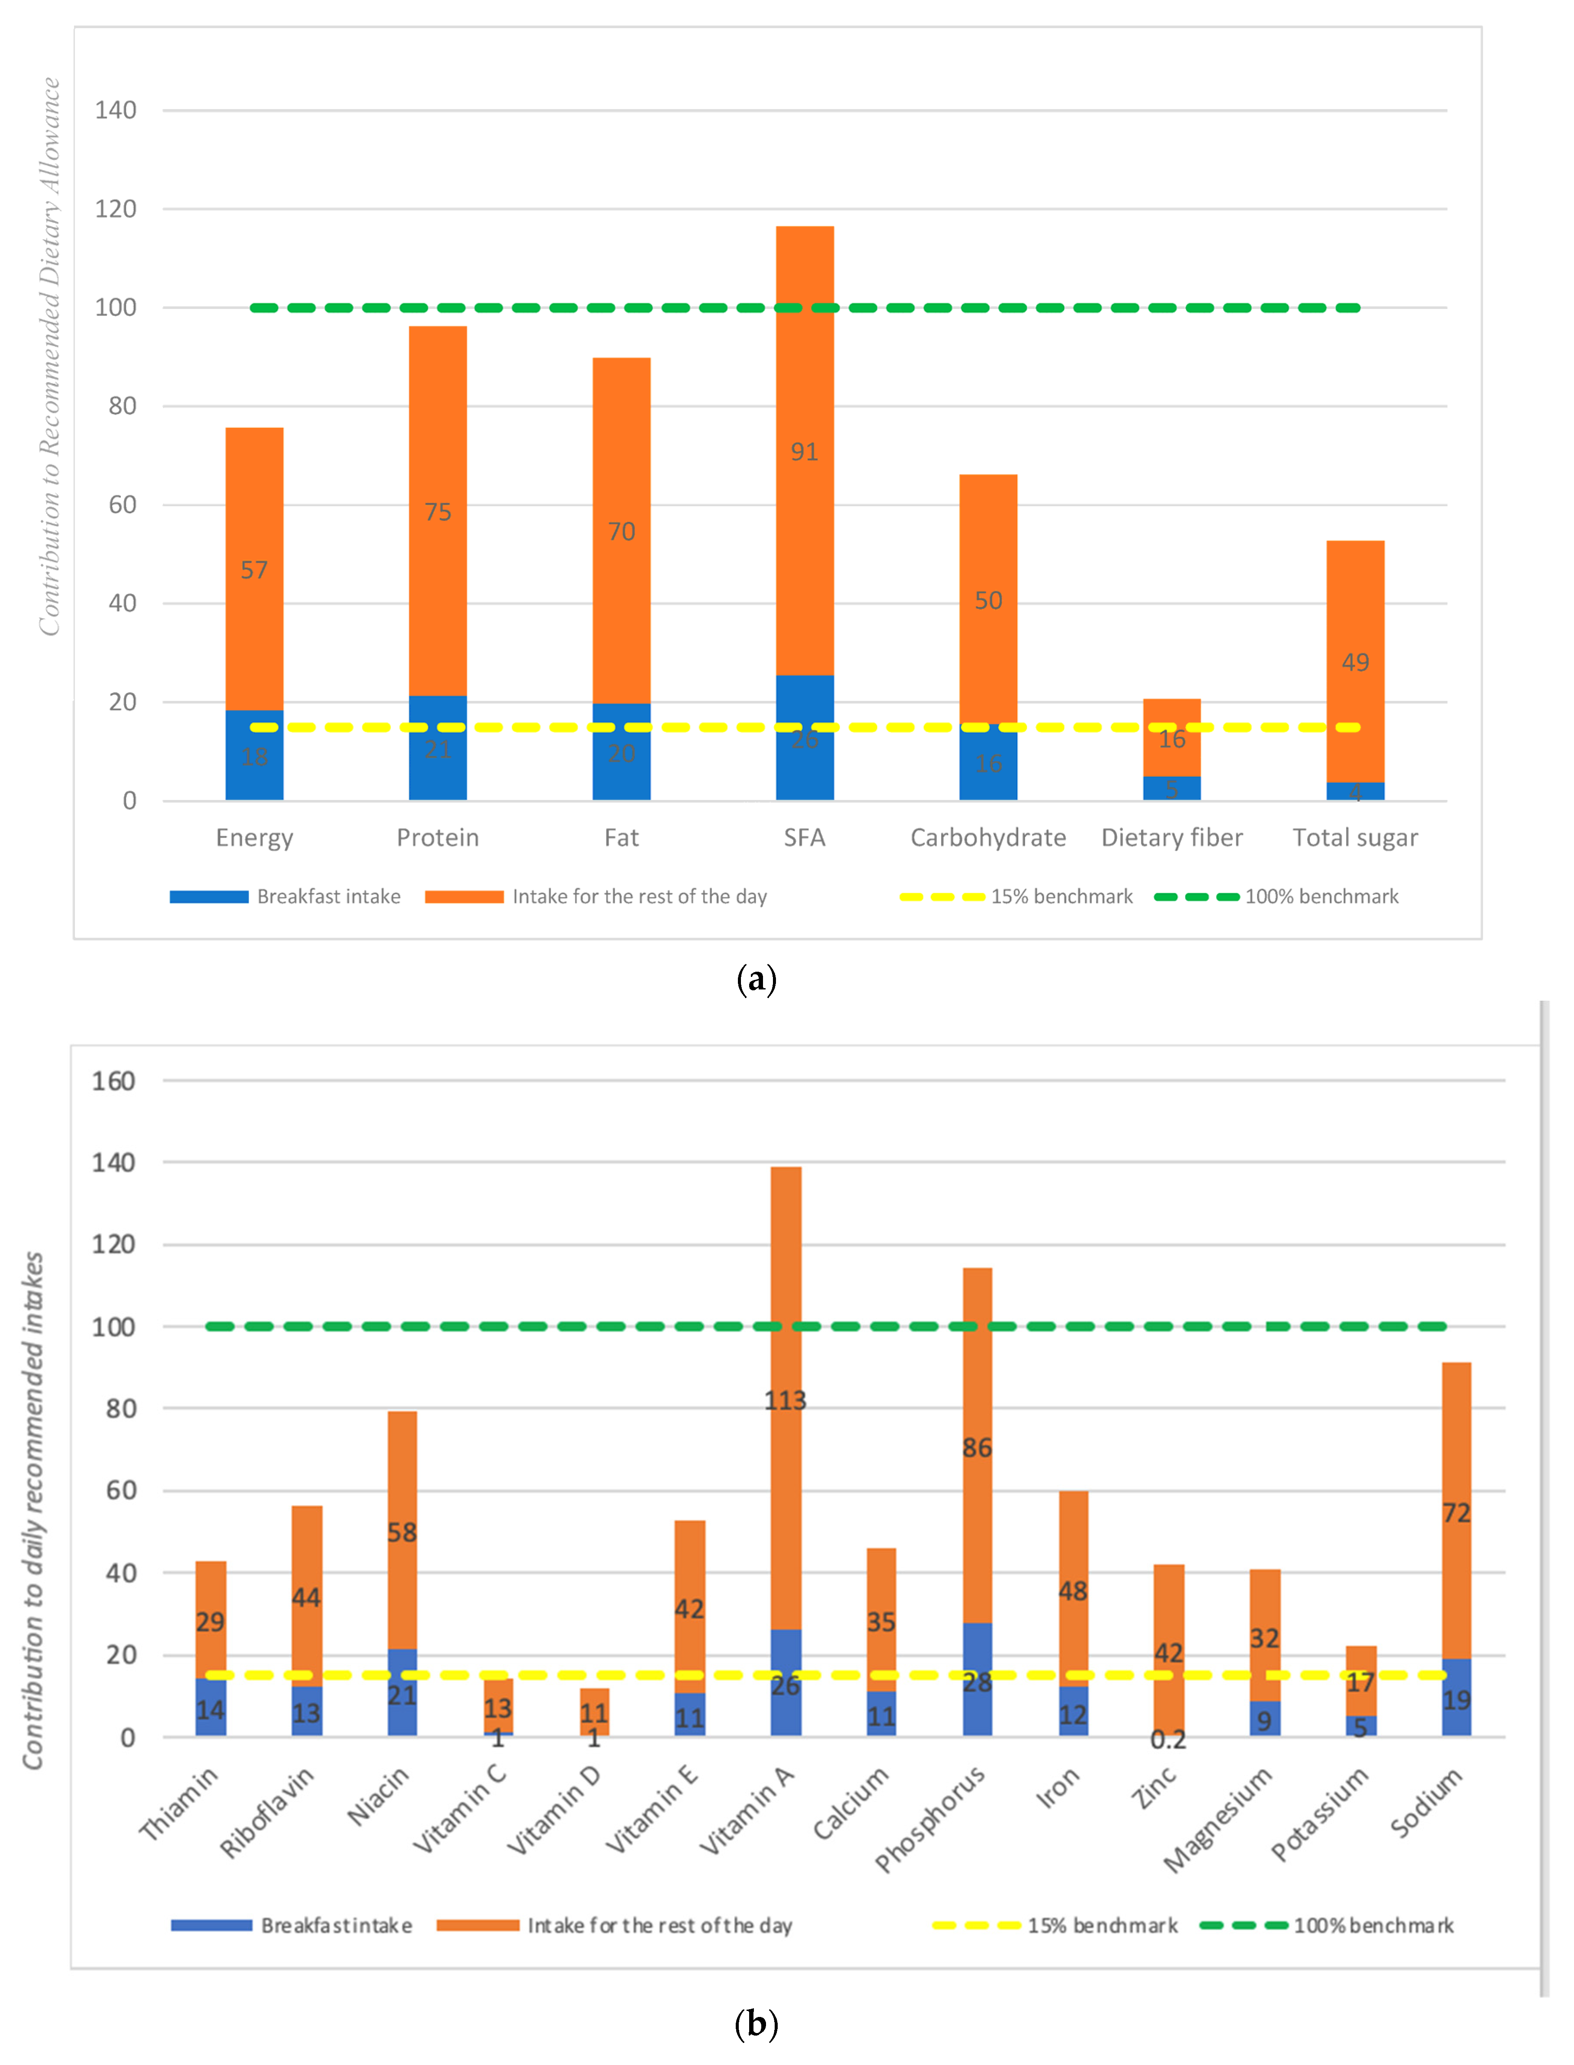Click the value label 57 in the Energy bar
[x=254, y=570]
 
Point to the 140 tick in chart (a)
[x=115, y=111]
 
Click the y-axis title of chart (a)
[x=49, y=356]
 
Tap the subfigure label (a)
[x=756, y=980]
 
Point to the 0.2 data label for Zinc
[x=1168, y=1740]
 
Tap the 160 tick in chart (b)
[x=113, y=1081]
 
